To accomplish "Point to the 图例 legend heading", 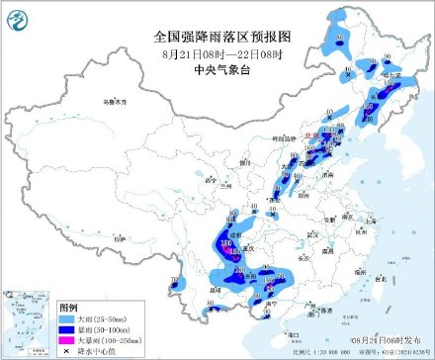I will [67, 309].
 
